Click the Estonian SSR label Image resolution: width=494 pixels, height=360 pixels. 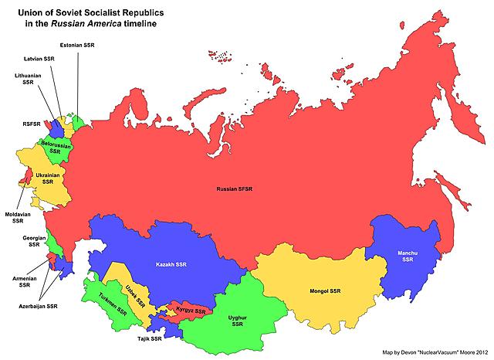tap(78, 46)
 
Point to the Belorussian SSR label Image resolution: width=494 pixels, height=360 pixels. tap(55, 148)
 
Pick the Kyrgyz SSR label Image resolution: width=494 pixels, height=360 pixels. tap(190, 311)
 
